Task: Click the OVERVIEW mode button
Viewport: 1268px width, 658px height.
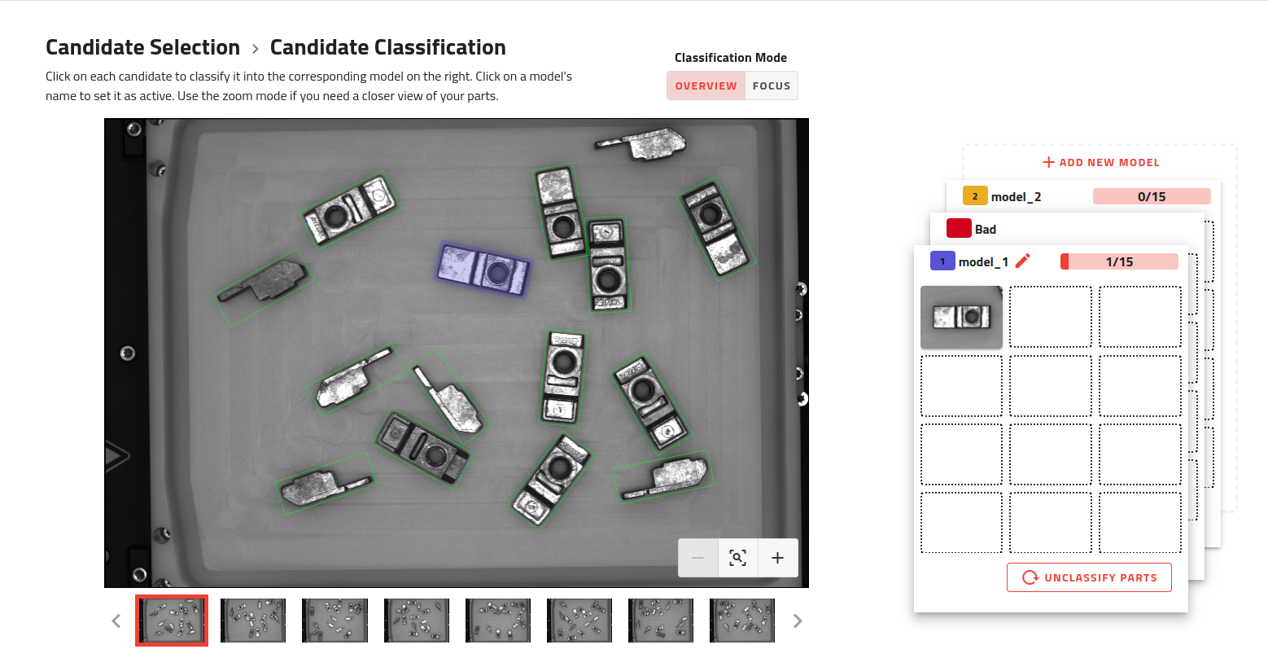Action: tap(706, 86)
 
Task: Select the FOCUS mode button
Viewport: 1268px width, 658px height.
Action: tap(771, 86)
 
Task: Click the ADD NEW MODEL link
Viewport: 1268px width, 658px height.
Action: tap(1100, 162)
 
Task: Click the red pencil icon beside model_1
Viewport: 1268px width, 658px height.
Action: tap(1023, 261)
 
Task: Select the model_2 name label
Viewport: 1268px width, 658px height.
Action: tap(1016, 196)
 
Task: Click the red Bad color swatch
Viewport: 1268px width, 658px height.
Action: tap(959, 229)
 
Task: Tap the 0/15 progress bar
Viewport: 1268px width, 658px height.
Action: tap(1151, 196)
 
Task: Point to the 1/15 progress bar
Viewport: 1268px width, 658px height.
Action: tap(1119, 261)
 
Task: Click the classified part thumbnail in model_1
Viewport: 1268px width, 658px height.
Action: tap(961, 317)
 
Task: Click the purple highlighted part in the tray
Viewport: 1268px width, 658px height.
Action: tap(483, 270)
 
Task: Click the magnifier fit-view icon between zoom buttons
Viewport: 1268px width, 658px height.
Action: tap(737, 558)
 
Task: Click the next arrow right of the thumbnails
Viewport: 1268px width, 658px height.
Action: tap(798, 621)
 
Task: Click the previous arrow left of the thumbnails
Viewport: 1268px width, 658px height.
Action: tap(116, 621)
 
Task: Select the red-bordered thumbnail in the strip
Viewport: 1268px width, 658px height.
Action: tap(172, 621)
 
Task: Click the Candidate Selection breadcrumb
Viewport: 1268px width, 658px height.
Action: tap(142, 47)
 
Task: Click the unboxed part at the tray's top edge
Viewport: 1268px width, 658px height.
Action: tap(643, 143)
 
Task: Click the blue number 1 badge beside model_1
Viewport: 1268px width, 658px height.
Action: tap(942, 261)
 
